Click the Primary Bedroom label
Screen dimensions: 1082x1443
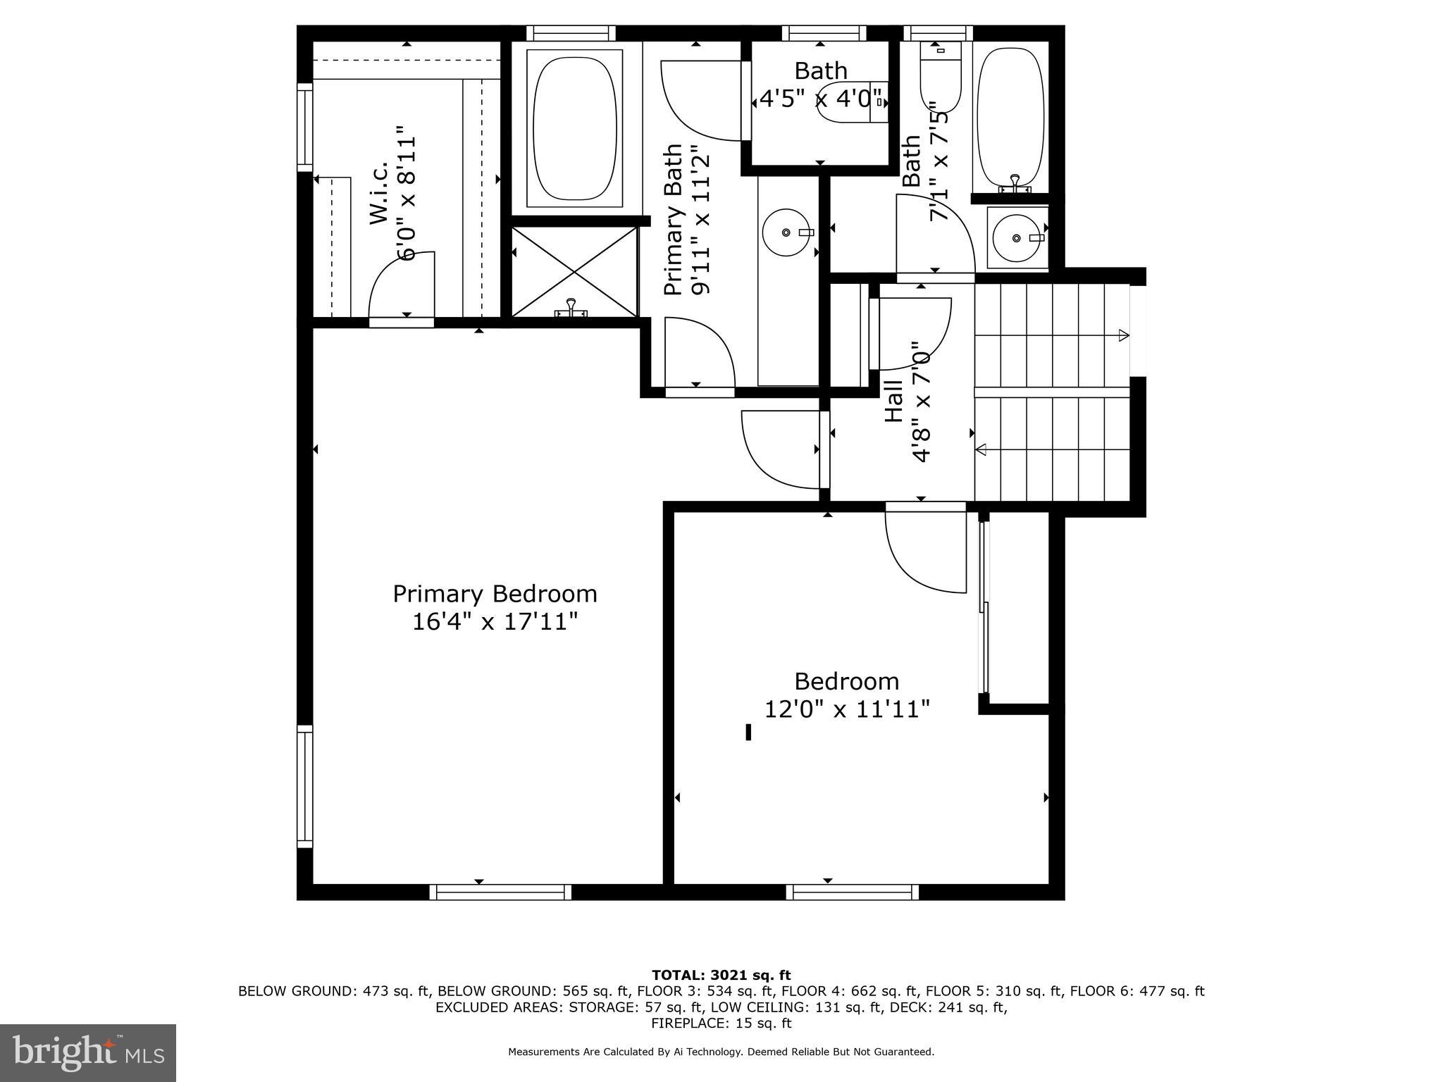[x=495, y=594]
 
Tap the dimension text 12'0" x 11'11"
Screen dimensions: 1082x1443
[x=847, y=709]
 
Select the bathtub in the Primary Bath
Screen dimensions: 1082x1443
[x=576, y=128]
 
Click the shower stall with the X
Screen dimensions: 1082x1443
[x=574, y=272]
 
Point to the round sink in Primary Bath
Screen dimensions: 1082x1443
[x=787, y=232]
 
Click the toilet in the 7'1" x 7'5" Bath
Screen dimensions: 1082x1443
[x=940, y=77]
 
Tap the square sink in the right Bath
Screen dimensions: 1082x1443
[x=1016, y=238]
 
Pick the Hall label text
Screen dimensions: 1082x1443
[x=893, y=402]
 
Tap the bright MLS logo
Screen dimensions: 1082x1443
[x=88, y=1052]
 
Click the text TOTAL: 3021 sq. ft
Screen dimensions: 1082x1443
[x=721, y=975]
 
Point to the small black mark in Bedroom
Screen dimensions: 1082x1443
[x=748, y=733]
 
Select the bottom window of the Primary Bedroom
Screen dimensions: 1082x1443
[x=500, y=893]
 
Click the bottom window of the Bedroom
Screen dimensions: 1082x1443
[x=853, y=893]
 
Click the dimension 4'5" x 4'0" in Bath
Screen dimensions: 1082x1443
[x=820, y=98]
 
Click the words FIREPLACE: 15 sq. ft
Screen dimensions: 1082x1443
[x=721, y=1024]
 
